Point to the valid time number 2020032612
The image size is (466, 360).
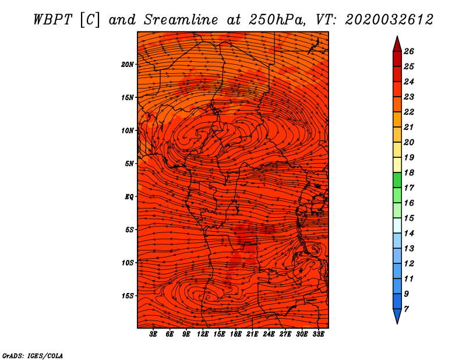point(389,19)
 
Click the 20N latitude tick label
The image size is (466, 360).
point(128,64)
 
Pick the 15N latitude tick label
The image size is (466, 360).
point(128,97)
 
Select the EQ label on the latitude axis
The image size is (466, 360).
point(129,196)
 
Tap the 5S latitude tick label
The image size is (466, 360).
point(129,230)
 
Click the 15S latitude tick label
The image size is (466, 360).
point(128,296)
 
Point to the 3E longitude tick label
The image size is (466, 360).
point(154,335)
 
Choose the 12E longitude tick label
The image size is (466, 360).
point(203,335)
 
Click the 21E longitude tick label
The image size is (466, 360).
point(252,335)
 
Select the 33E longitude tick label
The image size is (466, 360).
point(318,335)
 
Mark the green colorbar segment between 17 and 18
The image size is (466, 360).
point(397,180)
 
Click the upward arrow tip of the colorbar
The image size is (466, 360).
point(397,40)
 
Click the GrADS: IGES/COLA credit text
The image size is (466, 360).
point(32,355)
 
